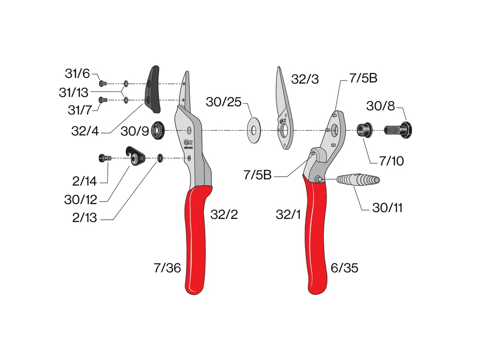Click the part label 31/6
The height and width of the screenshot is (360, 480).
tap(77, 74)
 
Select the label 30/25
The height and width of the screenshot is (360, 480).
tap(224, 102)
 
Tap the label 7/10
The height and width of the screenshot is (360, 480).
tap(391, 161)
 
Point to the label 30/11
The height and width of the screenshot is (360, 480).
tap(387, 208)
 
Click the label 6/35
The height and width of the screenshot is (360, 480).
tap(345, 268)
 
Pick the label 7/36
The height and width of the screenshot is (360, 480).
tap(167, 268)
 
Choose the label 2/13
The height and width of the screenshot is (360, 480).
tap(84, 217)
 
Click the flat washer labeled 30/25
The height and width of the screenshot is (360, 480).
tap(254, 130)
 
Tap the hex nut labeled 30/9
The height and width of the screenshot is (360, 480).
tap(158, 130)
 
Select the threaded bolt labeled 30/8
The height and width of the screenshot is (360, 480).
tap(398, 130)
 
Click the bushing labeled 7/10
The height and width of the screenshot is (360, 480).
tap(364, 130)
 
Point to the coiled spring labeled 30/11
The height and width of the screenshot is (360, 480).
tap(358, 180)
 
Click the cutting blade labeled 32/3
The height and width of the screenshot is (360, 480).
tap(285, 108)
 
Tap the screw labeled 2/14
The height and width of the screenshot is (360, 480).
tap(105, 158)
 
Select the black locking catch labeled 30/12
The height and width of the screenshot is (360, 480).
tap(135, 156)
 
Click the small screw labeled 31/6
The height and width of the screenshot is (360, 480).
tap(103, 83)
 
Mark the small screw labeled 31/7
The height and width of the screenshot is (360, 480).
tap(103, 100)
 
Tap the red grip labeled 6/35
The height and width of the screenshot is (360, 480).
tap(315, 235)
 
